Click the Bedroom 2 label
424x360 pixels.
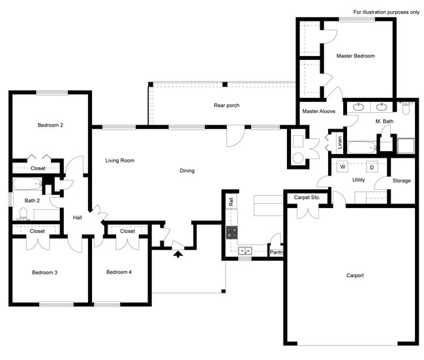click(50, 125)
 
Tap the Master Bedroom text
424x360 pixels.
click(356, 56)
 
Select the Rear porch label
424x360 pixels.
click(227, 105)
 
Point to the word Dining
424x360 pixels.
click(187, 171)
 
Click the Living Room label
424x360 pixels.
click(119, 160)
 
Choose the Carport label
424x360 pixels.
click(355, 275)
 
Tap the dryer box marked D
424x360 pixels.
click(372, 166)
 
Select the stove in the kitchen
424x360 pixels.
click(232, 232)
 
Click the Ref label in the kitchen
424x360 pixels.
click(231, 202)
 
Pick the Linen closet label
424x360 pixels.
click(340, 142)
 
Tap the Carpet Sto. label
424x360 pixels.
click(305, 197)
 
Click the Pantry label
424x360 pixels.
click(277, 250)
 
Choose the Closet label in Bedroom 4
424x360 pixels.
click(127, 231)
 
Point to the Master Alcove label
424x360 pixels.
click(318, 112)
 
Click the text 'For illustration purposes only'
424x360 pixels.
click(386, 12)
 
